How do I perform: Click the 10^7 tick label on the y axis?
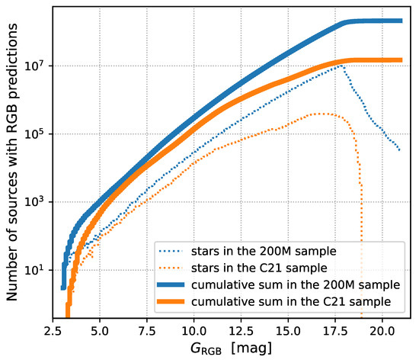coord(36,66)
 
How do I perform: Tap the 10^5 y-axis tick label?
coord(36,134)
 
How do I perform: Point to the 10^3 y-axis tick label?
coord(36,202)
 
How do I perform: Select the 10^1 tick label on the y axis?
coord(36,270)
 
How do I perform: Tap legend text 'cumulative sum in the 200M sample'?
coord(285,284)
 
